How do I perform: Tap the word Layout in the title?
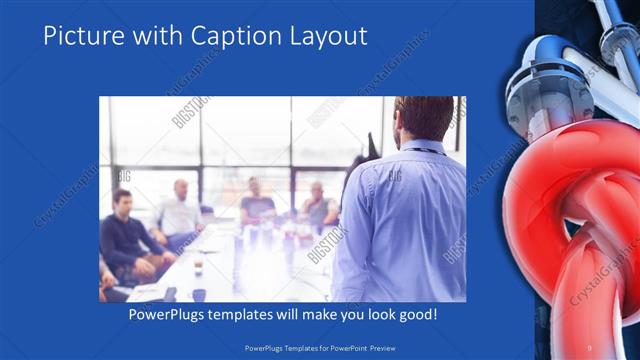click(330, 36)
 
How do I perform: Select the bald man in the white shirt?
click(180, 209)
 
